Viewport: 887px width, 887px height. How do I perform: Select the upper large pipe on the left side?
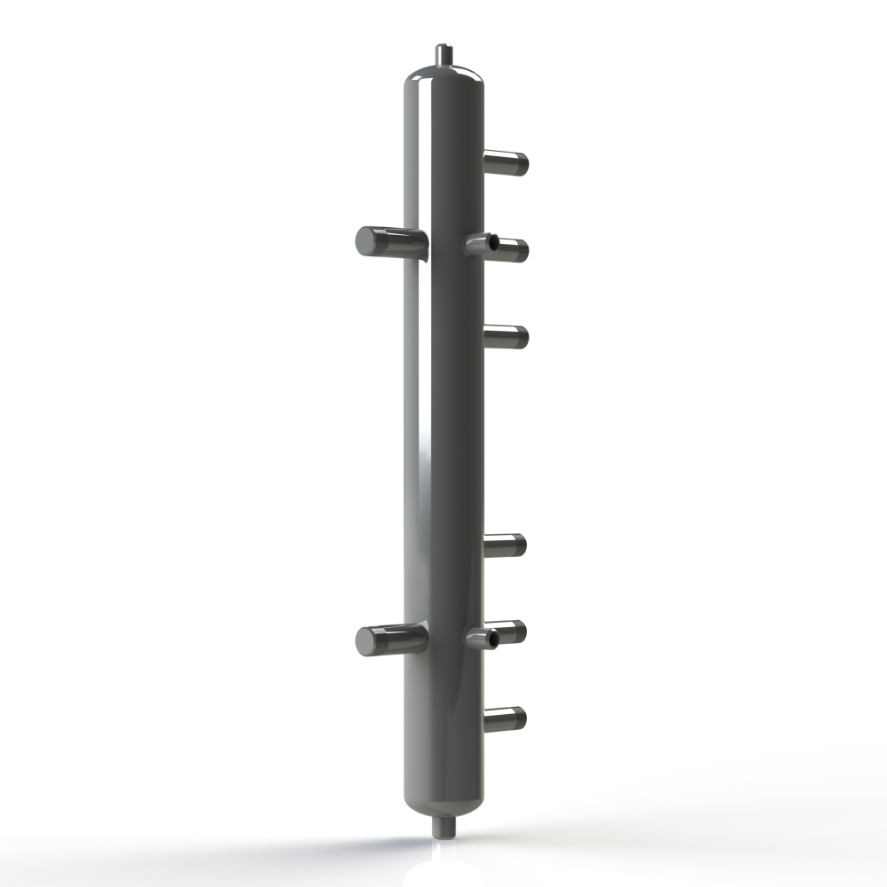point(395,241)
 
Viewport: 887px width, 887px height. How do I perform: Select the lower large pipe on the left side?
point(395,639)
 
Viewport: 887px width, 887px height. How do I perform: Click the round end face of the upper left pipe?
point(366,241)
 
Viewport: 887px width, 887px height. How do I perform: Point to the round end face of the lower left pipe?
point(366,640)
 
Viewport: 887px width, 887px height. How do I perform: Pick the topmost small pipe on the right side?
point(506,163)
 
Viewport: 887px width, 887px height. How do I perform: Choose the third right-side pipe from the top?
point(506,337)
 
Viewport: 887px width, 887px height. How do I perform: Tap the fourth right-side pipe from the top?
point(505,546)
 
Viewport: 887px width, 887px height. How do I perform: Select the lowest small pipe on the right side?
point(505,718)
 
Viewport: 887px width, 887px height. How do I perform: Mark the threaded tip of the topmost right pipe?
point(521,164)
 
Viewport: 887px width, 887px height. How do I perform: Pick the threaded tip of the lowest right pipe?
point(519,718)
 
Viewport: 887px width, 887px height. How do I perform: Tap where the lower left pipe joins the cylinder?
point(423,637)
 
